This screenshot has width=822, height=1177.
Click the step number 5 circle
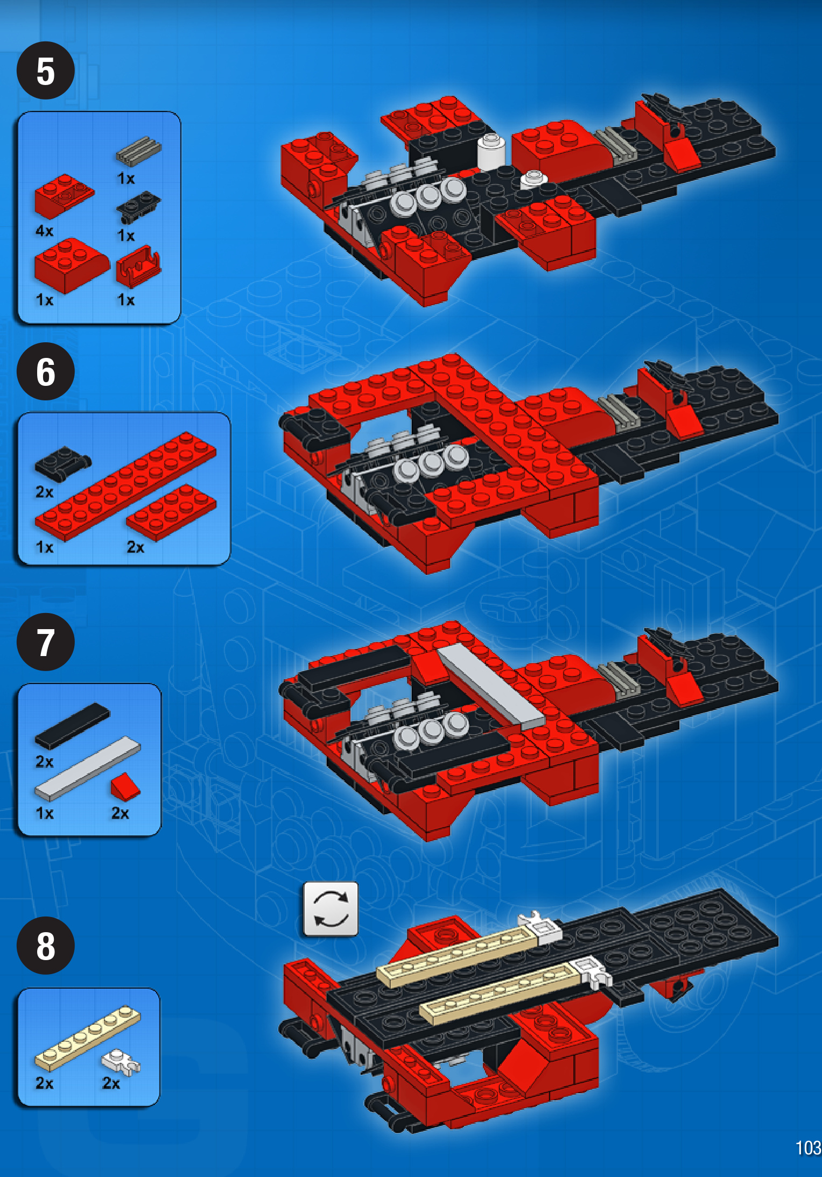46,71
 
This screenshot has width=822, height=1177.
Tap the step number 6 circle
46,371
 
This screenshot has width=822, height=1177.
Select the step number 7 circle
46,642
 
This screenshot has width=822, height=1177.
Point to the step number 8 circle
46,946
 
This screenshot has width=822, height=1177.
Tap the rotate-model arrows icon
331,909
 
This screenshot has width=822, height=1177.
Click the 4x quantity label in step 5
45,231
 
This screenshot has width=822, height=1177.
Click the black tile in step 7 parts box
72,725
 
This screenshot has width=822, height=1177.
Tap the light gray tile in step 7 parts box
87,768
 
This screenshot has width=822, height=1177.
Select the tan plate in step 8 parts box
87,1038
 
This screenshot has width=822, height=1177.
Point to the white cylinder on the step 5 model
491,151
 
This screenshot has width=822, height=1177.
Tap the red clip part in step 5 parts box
138,266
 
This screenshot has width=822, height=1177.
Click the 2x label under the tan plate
45,1083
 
